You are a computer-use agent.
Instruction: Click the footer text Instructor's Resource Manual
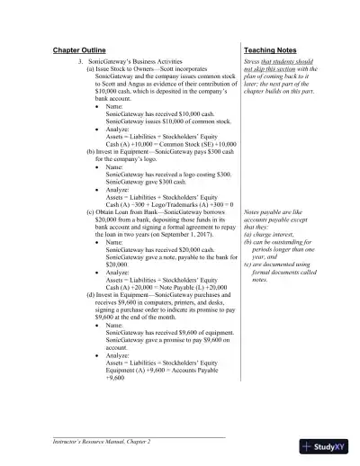click(x=99, y=441)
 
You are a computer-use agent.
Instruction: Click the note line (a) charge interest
click(x=271, y=233)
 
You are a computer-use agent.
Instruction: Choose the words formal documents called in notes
click(x=285, y=272)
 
